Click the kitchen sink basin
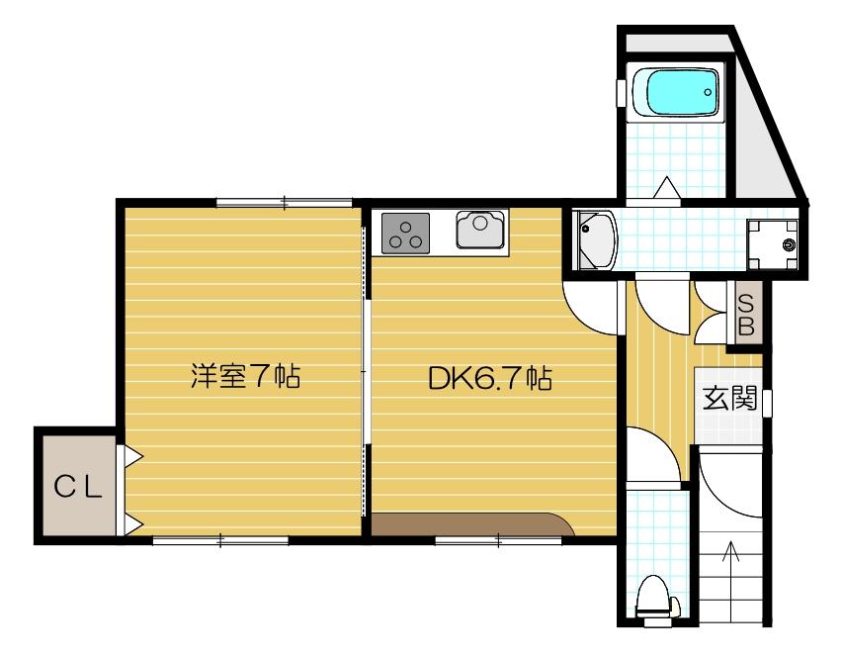point(480,230)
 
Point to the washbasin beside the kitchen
point(597,238)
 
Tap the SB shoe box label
point(746,314)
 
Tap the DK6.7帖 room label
point(489,378)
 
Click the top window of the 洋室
point(284,203)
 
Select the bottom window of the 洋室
point(220,540)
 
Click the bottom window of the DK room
point(499,540)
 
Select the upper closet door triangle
point(130,456)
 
